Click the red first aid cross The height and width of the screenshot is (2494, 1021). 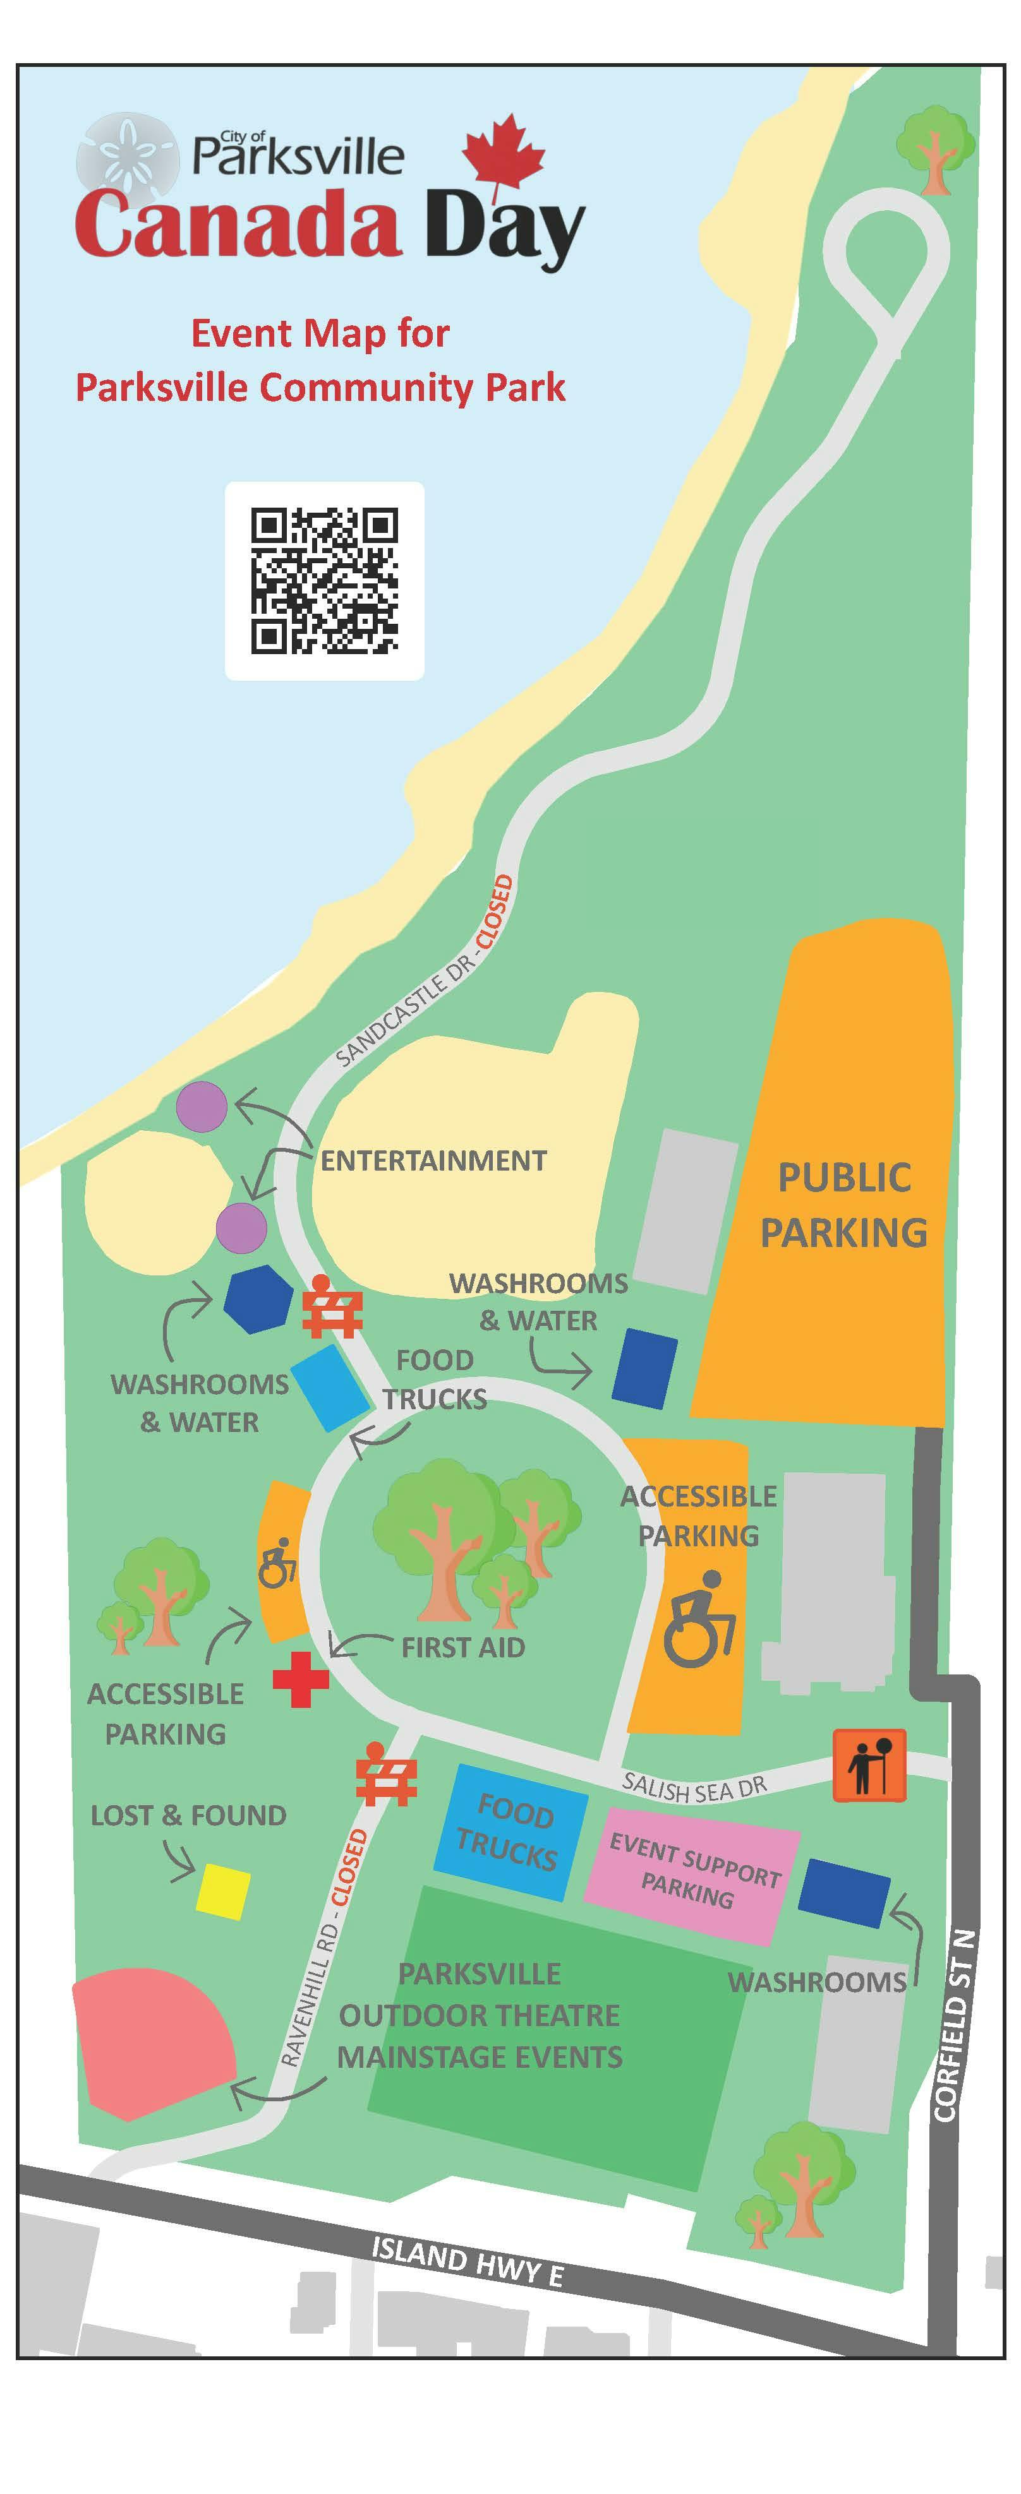(300, 1680)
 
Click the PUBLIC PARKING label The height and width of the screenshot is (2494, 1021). (843, 1205)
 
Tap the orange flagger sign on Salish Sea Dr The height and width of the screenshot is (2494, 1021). (869, 1765)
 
